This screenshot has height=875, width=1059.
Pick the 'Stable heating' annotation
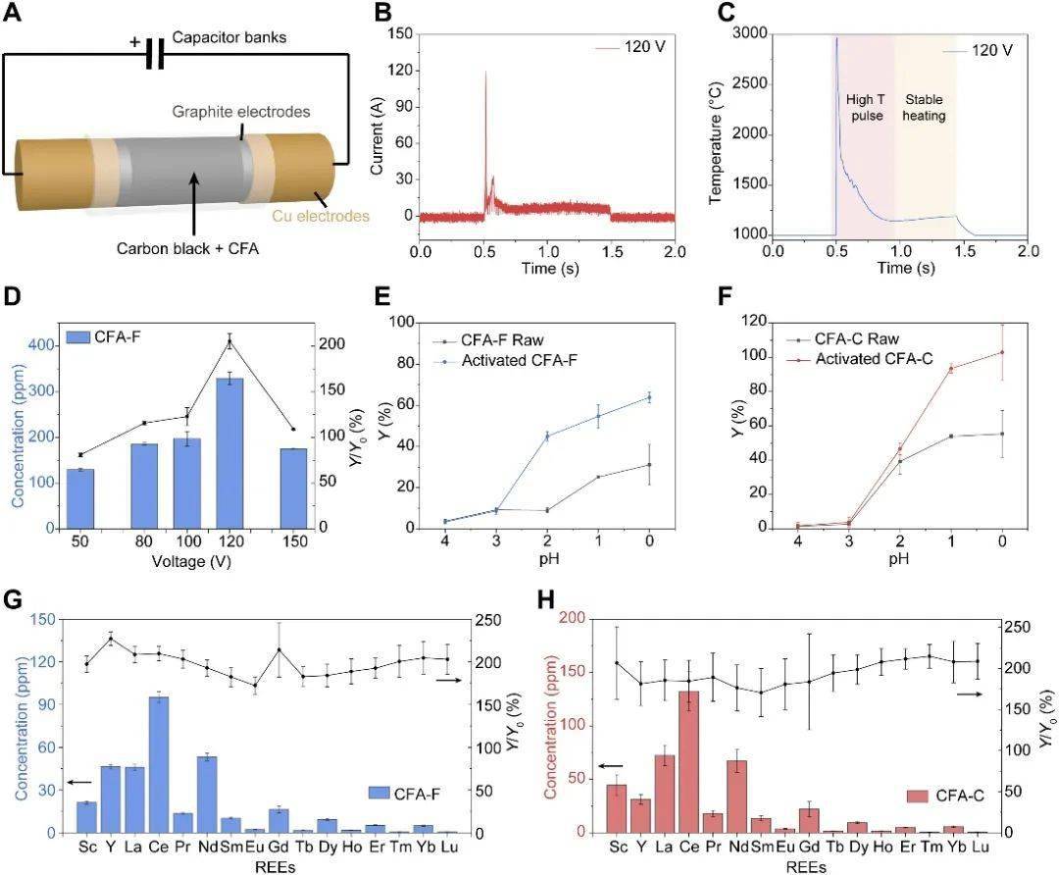click(x=924, y=107)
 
